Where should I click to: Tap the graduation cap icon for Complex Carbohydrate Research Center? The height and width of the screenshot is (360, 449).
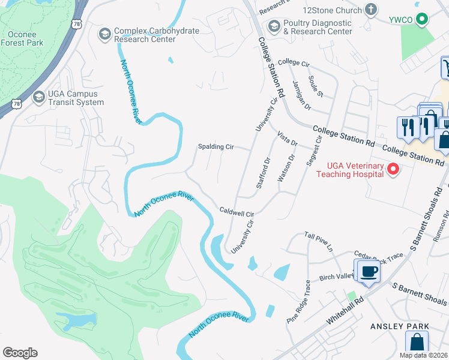coord(105,32)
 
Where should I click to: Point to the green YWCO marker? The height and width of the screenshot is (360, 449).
coord(422,19)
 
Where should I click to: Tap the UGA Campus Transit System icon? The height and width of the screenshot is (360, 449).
coord(39,97)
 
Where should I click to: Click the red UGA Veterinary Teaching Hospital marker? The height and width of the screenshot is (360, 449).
coord(394,169)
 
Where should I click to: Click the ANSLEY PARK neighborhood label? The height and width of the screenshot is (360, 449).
coord(399,326)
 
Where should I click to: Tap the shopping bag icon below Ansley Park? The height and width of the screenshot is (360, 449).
coord(416,344)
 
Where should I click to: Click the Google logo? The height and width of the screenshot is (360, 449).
coord(20,353)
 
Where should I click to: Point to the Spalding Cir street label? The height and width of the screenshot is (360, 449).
coord(215,146)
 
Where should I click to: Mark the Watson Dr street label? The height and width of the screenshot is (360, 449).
coord(285,169)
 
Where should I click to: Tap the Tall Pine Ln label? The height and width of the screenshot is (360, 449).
coord(318,239)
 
